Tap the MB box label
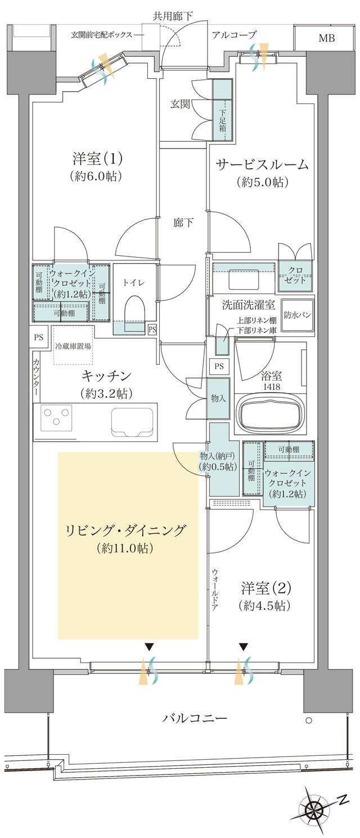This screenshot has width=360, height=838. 326,39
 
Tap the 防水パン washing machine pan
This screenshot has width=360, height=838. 298,315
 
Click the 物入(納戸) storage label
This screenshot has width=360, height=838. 218,461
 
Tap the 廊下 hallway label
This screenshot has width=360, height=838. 183,223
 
